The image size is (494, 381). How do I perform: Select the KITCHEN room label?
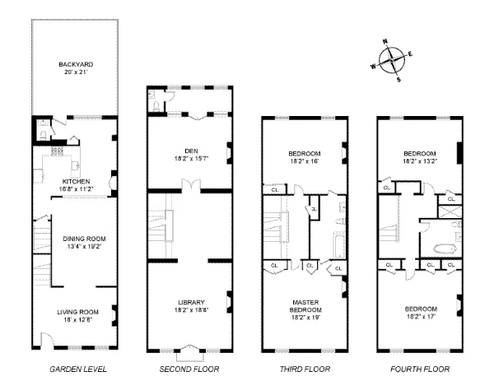pos(76,181)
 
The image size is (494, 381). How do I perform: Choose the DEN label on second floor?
pos(189,150)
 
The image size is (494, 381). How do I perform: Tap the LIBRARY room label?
pos(189,302)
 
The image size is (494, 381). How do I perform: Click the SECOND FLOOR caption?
pos(189,368)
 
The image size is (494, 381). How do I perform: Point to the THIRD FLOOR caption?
pos(305,368)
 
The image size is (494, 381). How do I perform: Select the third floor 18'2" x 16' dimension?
pos(305,161)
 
